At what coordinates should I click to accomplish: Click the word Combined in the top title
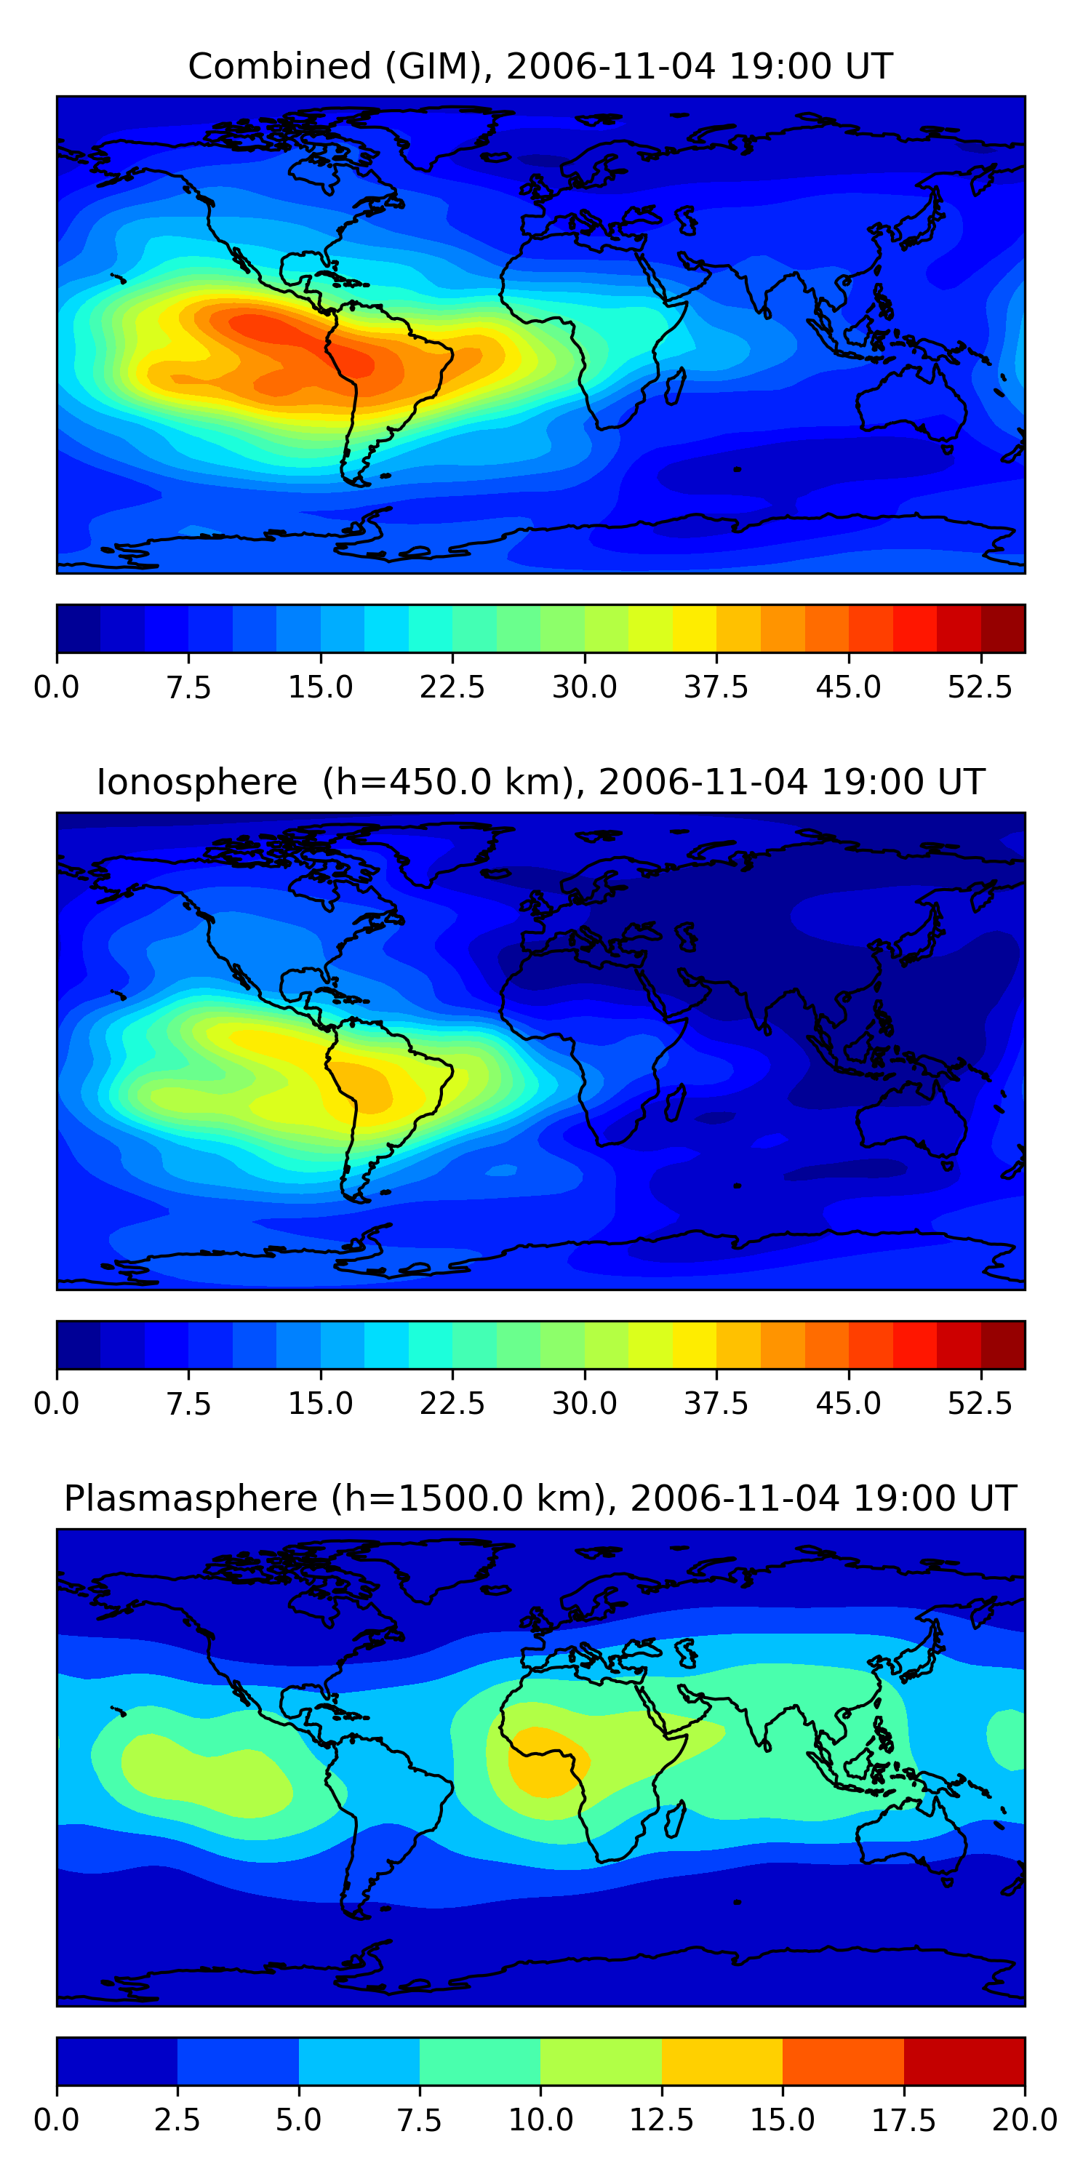tap(279, 66)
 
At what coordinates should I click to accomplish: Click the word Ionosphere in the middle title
tap(196, 782)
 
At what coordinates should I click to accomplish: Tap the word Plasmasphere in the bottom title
tap(190, 1498)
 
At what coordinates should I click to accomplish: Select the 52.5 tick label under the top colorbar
tap(980, 687)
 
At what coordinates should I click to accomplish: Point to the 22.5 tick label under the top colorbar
tap(452, 687)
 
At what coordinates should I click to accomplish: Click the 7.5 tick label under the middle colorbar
tap(188, 1404)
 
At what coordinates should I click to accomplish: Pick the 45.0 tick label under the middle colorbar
tap(848, 1404)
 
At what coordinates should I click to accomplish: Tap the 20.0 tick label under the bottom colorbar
tap(1024, 2120)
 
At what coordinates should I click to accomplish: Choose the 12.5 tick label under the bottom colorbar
tap(662, 2120)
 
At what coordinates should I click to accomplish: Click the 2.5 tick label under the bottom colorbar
tap(177, 2120)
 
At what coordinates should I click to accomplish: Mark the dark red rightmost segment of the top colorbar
tap(1003, 628)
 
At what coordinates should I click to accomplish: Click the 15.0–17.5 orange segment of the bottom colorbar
tap(843, 2061)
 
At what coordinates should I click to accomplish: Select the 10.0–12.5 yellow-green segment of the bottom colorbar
tap(601, 2061)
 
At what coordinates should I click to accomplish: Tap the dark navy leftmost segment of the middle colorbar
tap(78, 1345)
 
